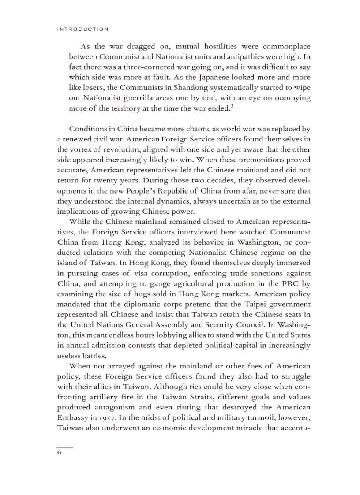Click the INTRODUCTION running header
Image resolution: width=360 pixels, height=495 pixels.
[82, 29]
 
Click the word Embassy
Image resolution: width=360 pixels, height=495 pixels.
[73, 417]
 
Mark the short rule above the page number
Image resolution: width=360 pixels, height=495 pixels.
[65, 447]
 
